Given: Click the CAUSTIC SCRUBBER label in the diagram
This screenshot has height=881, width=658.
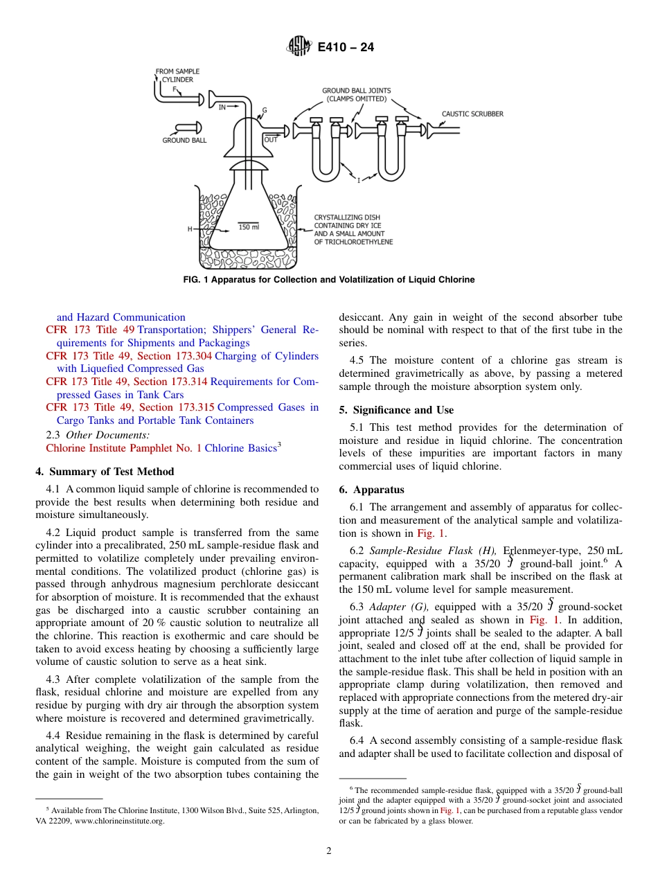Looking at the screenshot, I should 472,114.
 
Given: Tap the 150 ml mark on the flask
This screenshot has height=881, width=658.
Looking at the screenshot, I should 249,227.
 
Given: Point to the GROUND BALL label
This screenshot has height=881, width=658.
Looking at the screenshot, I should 184,141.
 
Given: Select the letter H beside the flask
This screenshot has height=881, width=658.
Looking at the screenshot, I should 189,229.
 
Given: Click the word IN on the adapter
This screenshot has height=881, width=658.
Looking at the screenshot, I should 222,107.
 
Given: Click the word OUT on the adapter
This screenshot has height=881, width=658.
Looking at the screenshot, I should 271,140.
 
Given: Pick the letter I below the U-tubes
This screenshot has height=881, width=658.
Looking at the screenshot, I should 359,180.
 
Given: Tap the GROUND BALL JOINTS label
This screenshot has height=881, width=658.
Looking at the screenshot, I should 356,94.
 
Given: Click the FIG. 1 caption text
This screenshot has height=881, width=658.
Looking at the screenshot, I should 329,280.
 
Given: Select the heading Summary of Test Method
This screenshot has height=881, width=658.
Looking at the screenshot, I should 105,472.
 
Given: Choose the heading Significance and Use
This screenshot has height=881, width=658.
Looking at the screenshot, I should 396,410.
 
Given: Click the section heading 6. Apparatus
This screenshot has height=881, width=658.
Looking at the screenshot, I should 371,490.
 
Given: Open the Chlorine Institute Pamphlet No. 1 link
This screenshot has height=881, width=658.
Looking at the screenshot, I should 123,448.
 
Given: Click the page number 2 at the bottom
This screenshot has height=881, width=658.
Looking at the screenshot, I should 329,851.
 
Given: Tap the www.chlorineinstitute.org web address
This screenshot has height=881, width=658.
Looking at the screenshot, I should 123,821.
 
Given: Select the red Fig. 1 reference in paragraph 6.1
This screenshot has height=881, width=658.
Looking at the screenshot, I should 431,533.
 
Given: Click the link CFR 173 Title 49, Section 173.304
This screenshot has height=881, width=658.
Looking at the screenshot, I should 129,356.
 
